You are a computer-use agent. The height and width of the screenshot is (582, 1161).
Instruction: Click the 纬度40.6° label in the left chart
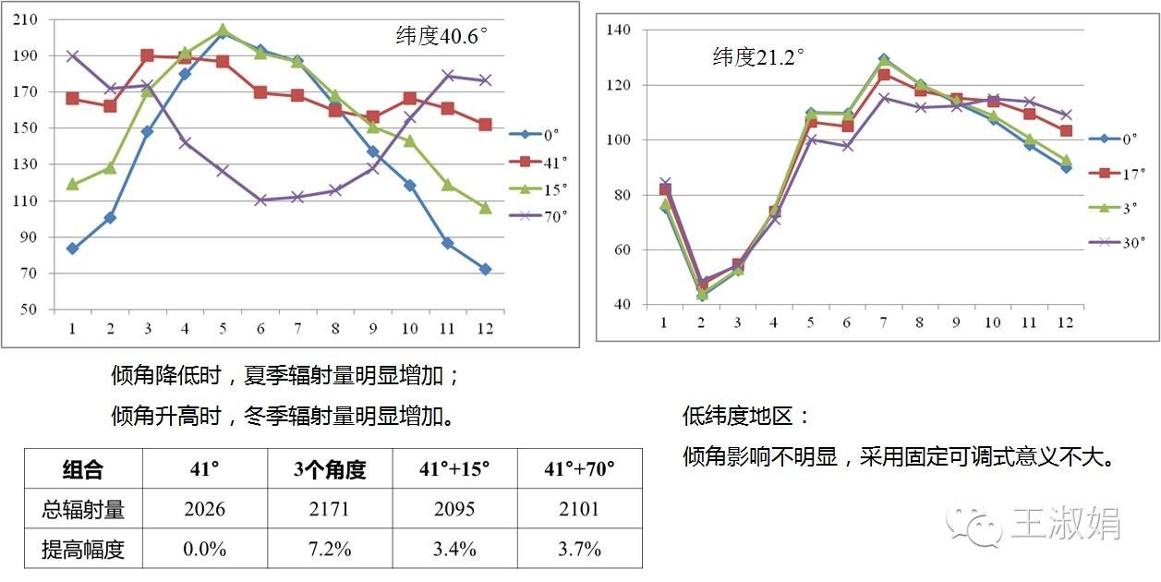pyautogui.click(x=441, y=38)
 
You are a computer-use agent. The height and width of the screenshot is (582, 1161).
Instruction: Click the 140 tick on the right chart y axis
pyautogui.click(x=617, y=30)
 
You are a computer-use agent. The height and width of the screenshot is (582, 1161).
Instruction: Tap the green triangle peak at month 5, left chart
pyautogui.click(x=223, y=30)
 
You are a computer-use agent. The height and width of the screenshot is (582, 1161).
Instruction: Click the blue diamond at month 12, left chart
pyautogui.click(x=485, y=269)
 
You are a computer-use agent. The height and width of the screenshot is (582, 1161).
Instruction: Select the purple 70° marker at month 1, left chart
pyautogui.click(x=72, y=55)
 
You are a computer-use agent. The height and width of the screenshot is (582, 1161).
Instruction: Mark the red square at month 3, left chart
pyautogui.click(x=148, y=55)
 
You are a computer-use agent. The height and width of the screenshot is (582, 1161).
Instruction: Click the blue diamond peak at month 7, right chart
pyautogui.click(x=884, y=59)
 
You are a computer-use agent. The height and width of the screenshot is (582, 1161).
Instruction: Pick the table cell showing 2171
pyautogui.click(x=330, y=509)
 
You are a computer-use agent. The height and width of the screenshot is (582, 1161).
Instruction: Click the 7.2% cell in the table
pyautogui.click(x=330, y=549)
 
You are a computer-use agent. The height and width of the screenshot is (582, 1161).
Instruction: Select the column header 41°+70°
pyautogui.click(x=579, y=469)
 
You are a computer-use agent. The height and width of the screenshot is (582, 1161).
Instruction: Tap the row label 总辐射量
pyautogui.click(x=84, y=509)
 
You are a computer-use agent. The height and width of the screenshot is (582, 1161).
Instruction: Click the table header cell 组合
pyautogui.click(x=84, y=469)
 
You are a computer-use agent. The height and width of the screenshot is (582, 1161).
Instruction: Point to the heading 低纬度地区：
pyautogui.click(x=745, y=416)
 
